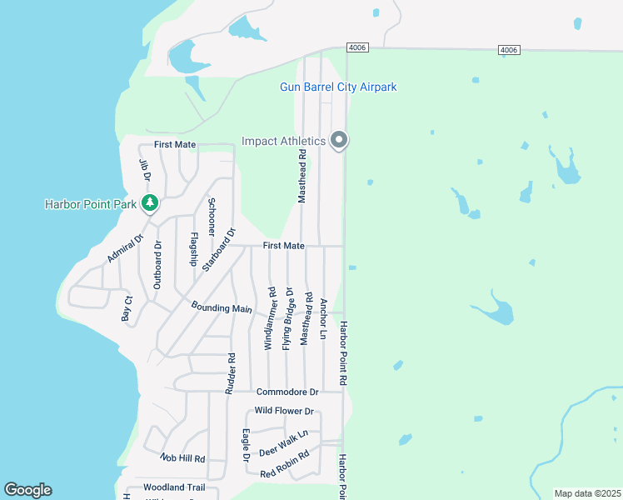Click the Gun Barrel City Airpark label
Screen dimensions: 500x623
tap(338, 87)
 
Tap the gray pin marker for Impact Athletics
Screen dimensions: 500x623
tap(338, 141)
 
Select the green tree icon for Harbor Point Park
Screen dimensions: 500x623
tap(150, 202)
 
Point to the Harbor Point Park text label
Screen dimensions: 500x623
tap(92, 203)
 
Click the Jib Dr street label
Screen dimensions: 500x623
tap(145, 170)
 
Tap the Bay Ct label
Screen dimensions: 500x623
tap(127, 309)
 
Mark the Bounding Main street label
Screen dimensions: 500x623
tap(221, 308)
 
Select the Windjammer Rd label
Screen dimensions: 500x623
tap(269, 318)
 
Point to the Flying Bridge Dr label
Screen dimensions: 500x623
tap(287, 318)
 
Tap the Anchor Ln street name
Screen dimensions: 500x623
tap(324, 320)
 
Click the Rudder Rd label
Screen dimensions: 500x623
tap(232, 372)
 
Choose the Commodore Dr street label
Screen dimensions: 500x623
tap(287, 392)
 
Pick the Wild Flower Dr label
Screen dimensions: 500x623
tap(283, 411)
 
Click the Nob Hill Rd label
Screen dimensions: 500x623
tap(182, 459)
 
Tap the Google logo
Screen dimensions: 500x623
tap(27, 490)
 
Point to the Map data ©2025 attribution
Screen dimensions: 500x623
tap(587, 493)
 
